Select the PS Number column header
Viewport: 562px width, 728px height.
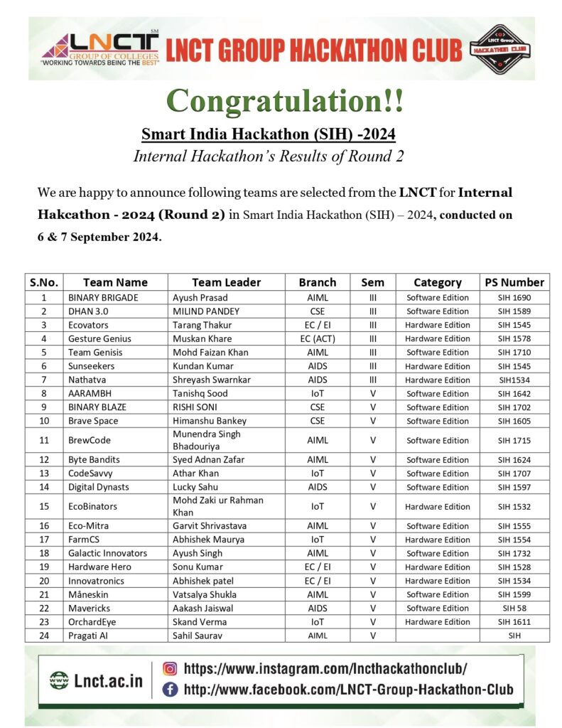coord(514,282)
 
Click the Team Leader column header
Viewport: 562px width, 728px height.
coord(226,282)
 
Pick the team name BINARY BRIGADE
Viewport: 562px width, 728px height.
coord(103,298)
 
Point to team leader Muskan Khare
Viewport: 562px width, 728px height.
coord(202,338)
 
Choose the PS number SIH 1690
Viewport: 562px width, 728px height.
coord(514,298)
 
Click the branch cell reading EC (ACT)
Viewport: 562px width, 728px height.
coord(317,338)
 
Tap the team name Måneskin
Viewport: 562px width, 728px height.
coord(91,594)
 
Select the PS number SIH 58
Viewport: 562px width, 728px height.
coord(514,608)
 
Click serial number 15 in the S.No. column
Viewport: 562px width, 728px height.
coord(43,507)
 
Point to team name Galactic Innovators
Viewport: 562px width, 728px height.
coord(107,553)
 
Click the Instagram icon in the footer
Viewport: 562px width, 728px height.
coord(170,668)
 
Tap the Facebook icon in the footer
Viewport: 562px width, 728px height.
coord(170,688)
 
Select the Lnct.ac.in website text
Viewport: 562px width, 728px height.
coord(108,680)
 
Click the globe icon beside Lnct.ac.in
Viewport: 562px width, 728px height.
coord(60,680)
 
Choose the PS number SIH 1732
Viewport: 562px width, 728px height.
coord(514,553)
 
